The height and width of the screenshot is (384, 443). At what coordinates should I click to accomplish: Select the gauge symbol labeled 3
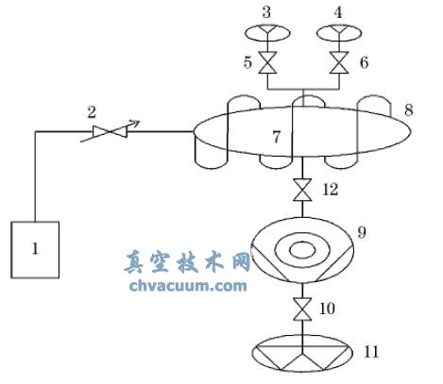[265, 34]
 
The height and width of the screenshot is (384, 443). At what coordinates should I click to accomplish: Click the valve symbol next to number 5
[266, 64]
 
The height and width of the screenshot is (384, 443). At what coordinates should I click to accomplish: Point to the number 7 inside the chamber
[276, 138]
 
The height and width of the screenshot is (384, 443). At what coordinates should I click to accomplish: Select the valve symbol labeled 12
[301, 192]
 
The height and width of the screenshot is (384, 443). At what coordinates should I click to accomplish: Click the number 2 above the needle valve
[92, 111]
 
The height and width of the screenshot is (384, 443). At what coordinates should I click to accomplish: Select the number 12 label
[330, 190]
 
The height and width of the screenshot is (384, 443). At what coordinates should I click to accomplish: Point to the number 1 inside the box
[34, 249]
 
